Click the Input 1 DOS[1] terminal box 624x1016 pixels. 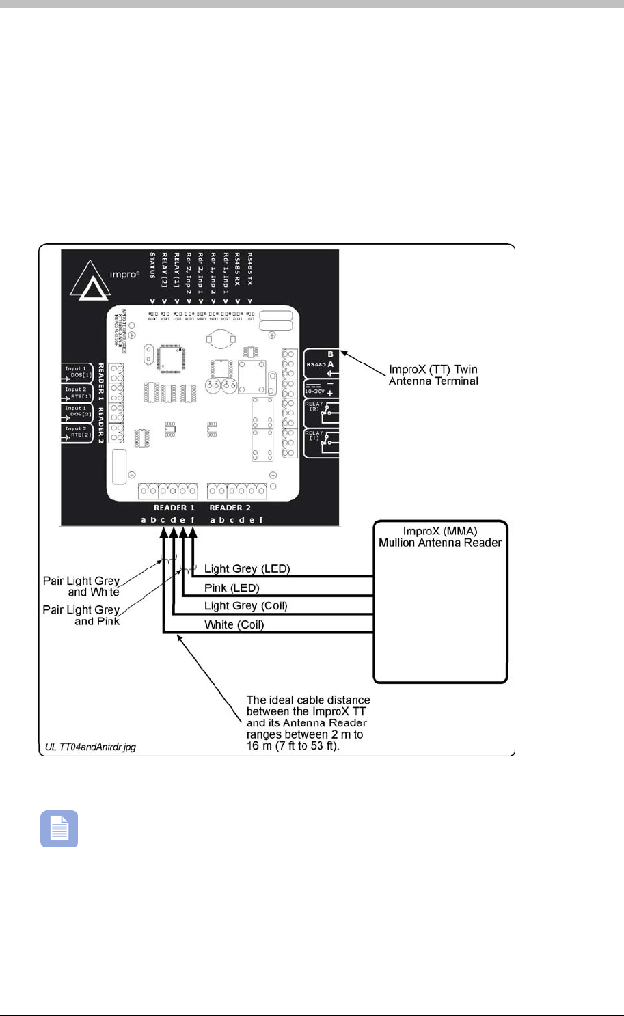77,373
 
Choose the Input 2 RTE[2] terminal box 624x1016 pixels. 77,433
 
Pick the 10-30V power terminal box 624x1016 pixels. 321,389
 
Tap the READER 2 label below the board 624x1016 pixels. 230,508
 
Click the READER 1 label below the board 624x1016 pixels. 174,508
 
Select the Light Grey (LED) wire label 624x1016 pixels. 247,568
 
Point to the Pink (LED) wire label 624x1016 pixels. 232,588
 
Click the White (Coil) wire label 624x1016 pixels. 234,624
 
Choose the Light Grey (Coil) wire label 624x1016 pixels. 245,606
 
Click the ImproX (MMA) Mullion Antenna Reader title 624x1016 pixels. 440,537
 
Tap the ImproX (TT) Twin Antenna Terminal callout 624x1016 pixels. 433,375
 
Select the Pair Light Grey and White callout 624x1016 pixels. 81,586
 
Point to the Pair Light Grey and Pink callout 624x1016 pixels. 81,615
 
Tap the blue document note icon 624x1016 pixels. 59,829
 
